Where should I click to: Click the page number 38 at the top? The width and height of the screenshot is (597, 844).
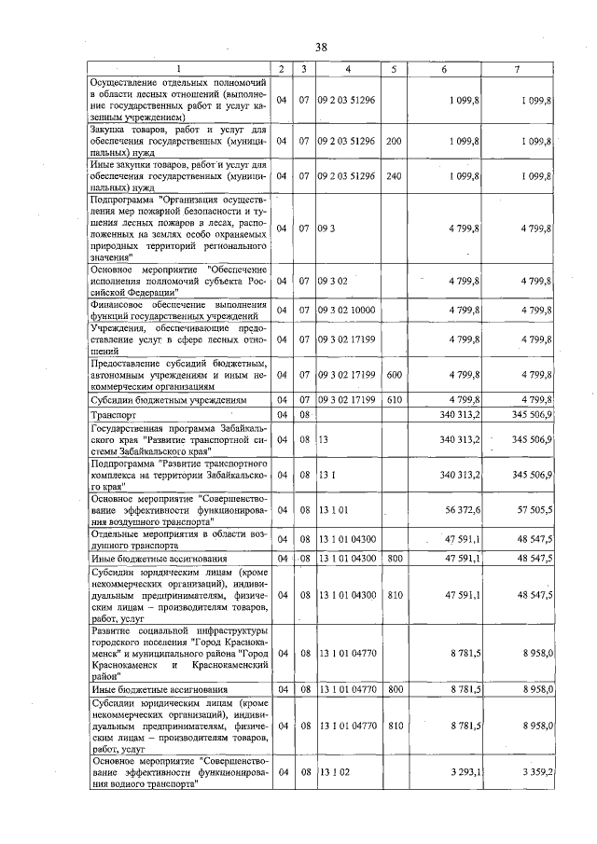pyautogui.click(x=320, y=48)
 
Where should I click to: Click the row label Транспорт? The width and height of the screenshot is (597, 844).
pyautogui.click(x=113, y=413)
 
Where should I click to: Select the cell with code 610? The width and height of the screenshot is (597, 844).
pyautogui.click(x=393, y=399)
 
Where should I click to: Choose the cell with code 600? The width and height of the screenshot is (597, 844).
pyautogui.click(x=393, y=374)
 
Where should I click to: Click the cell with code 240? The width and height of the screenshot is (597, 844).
pyautogui.click(x=393, y=175)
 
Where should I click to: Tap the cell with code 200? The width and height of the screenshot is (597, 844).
pyautogui.click(x=393, y=141)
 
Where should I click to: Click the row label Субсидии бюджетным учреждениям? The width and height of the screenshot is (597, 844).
pyautogui.click(x=168, y=399)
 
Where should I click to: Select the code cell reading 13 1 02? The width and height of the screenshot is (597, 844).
pyautogui.click(x=333, y=773)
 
